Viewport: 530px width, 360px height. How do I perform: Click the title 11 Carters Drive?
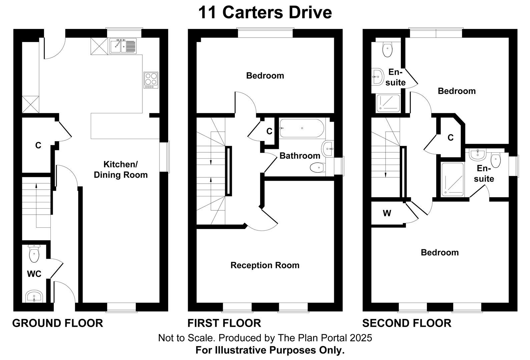click(265, 13)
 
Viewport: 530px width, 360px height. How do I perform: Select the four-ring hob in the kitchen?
click(151, 80)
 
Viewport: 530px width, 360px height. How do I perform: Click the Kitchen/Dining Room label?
click(120, 169)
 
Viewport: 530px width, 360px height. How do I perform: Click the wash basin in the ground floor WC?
click(34, 296)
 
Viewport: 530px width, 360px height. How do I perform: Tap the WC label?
click(34, 274)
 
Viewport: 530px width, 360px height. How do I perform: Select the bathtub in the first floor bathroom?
click(302, 128)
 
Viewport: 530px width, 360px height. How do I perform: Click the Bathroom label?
click(300, 156)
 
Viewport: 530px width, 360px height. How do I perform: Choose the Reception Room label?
click(265, 265)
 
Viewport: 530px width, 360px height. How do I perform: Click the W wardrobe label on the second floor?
click(387, 213)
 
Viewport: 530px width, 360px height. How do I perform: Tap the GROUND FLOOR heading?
click(57, 323)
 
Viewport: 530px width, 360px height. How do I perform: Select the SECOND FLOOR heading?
click(407, 323)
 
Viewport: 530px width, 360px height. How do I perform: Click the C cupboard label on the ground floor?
click(38, 145)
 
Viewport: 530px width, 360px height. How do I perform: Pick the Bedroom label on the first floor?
click(265, 76)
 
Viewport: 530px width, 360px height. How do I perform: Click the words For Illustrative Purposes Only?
click(270, 350)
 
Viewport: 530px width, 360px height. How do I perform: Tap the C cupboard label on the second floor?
click(450, 137)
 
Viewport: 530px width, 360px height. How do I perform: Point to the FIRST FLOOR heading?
click(224, 323)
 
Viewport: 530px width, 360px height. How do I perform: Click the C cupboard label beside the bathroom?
click(269, 131)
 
